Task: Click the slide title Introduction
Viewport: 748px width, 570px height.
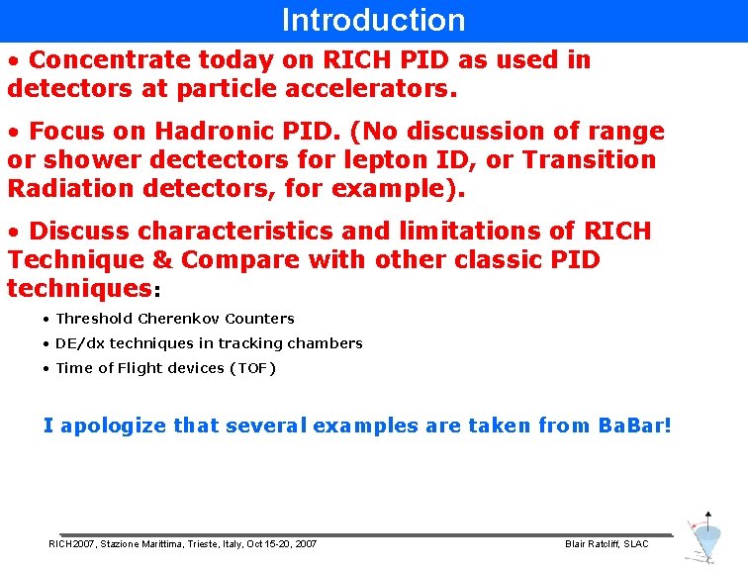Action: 373,20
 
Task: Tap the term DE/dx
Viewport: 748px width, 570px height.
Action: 80,343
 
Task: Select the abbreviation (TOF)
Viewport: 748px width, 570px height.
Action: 252,368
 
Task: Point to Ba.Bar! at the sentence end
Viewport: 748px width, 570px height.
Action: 634,426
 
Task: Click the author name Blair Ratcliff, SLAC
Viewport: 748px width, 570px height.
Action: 606,544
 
